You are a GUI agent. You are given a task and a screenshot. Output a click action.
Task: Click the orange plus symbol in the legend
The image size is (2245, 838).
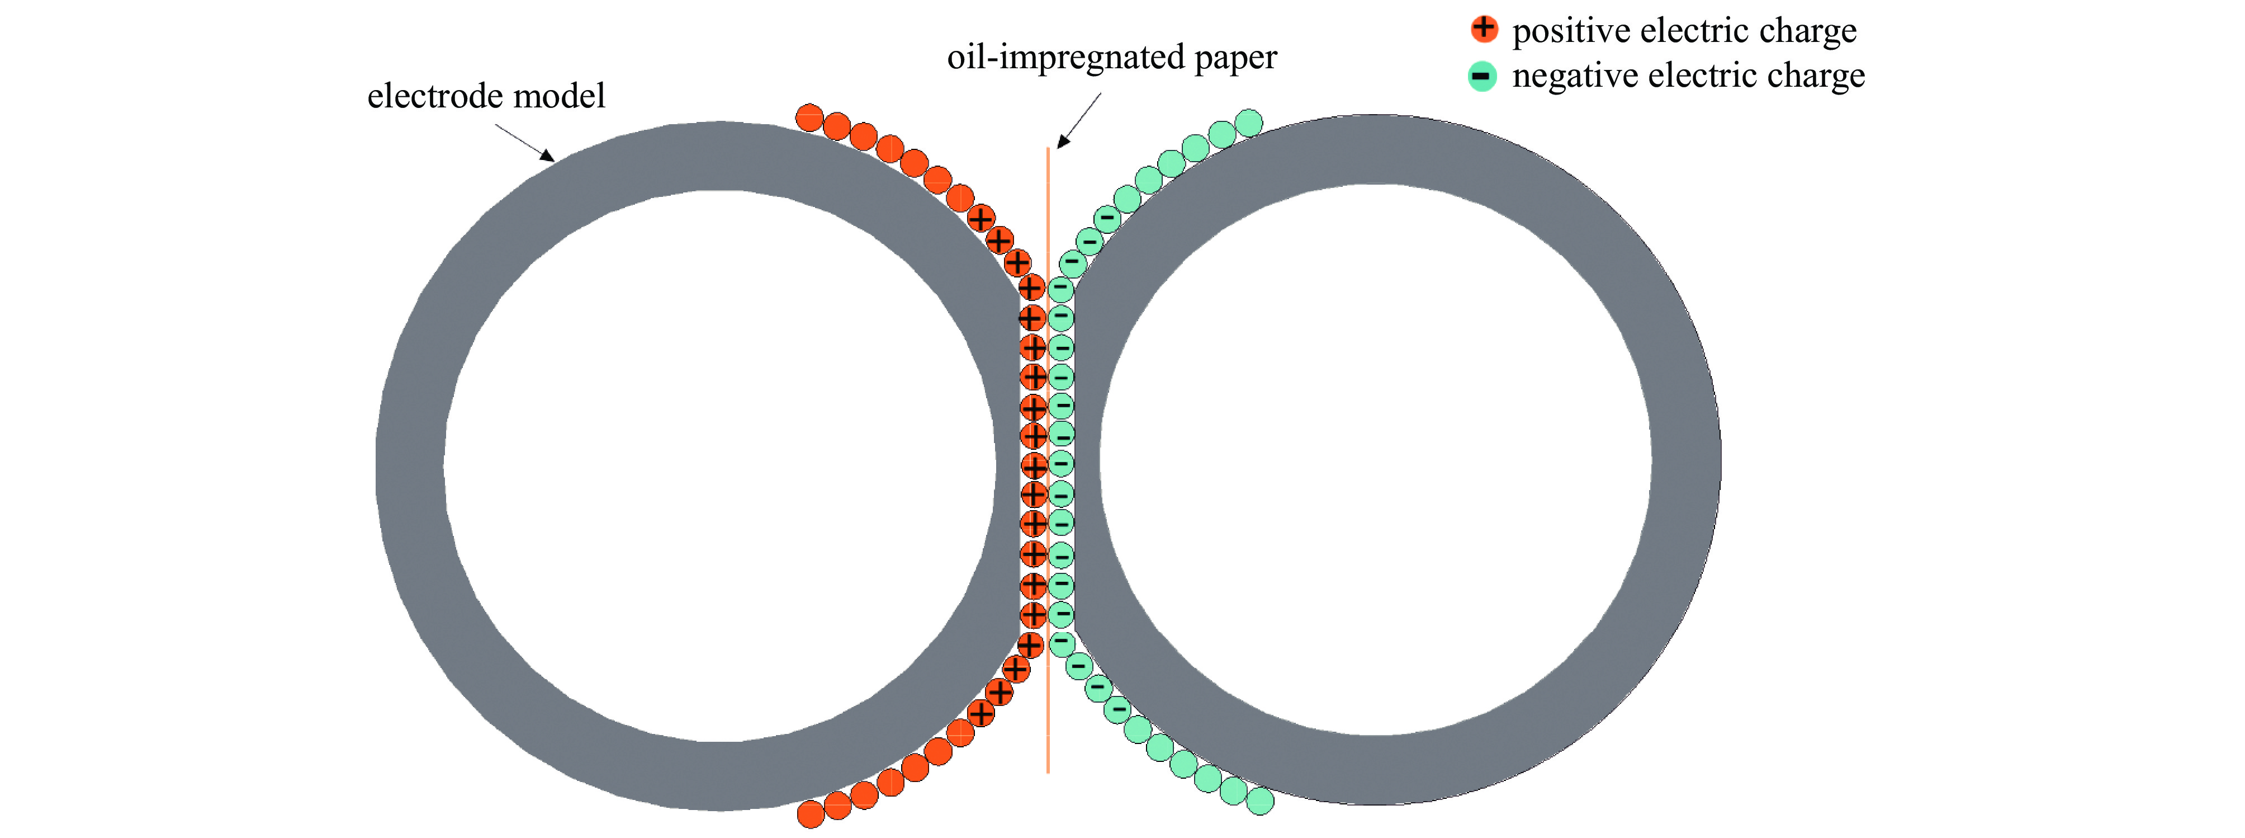[x=1483, y=29]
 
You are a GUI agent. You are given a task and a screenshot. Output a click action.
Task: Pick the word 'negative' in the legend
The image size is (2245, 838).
[x=1576, y=77]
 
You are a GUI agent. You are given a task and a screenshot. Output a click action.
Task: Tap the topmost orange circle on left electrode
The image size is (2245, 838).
[x=809, y=117]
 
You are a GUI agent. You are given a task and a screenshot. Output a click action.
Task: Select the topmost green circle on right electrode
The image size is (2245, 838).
[x=1249, y=123]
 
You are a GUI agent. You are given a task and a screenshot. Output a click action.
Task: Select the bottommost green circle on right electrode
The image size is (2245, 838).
[x=1260, y=801]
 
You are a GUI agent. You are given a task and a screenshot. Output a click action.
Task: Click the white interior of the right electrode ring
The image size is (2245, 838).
[x=1375, y=459]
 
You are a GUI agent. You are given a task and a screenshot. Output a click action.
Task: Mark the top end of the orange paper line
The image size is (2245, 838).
[x=1048, y=150]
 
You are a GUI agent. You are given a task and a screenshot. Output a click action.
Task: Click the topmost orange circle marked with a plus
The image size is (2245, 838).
[x=981, y=218]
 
